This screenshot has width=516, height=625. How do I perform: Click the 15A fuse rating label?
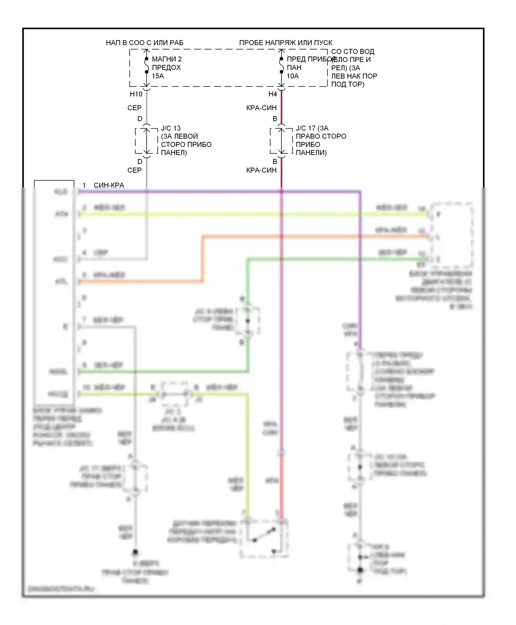pos(158,76)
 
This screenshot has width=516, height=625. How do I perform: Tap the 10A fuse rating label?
pos(293,76)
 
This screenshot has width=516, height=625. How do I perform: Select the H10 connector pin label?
pos(136,94)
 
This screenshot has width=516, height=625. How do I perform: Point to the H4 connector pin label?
pos(272,94)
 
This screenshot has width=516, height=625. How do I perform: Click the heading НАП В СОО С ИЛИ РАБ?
pos(144,43)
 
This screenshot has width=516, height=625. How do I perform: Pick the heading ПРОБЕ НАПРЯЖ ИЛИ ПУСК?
pos(286,43)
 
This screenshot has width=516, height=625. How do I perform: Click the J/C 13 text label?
pos(171,128)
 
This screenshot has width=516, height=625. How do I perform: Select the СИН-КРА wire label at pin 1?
pos(109,185)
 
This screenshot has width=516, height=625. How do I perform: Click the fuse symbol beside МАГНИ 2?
pos(147,65)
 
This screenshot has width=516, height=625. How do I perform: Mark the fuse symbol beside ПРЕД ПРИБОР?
pos(281,65)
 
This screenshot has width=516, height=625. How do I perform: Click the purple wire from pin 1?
pos(220,192)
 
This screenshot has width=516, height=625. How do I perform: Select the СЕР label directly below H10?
pos(134,108)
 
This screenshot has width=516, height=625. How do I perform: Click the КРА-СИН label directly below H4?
pos(261,108)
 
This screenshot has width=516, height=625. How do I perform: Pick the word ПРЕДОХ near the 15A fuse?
pos(166,68)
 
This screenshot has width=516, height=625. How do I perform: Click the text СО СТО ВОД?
pos(353,52)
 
